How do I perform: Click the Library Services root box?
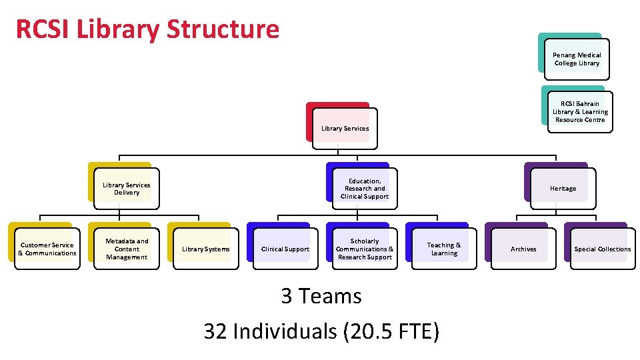(x=345, y=128)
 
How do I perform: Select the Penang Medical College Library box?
(x=577, y=59)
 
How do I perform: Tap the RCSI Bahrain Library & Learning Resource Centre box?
(x=580, y=112)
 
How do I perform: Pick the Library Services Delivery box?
(x=127, y=189)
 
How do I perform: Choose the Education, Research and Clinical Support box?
(x=365, y=189)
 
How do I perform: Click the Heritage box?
(x=563, y=189)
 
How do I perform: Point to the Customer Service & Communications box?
(x=47, y=249)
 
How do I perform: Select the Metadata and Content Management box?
(x=127, y=249)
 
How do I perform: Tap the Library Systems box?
(x=206, y=249)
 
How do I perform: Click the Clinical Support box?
(x=285, y=249)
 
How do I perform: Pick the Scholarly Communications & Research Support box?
(x=365, y=249)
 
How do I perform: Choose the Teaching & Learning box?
(x=444, y=249)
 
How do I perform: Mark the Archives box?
(x=523, y=249)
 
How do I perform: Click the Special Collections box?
(x=603, y=249)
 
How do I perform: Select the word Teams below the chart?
(x=331, y=296)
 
